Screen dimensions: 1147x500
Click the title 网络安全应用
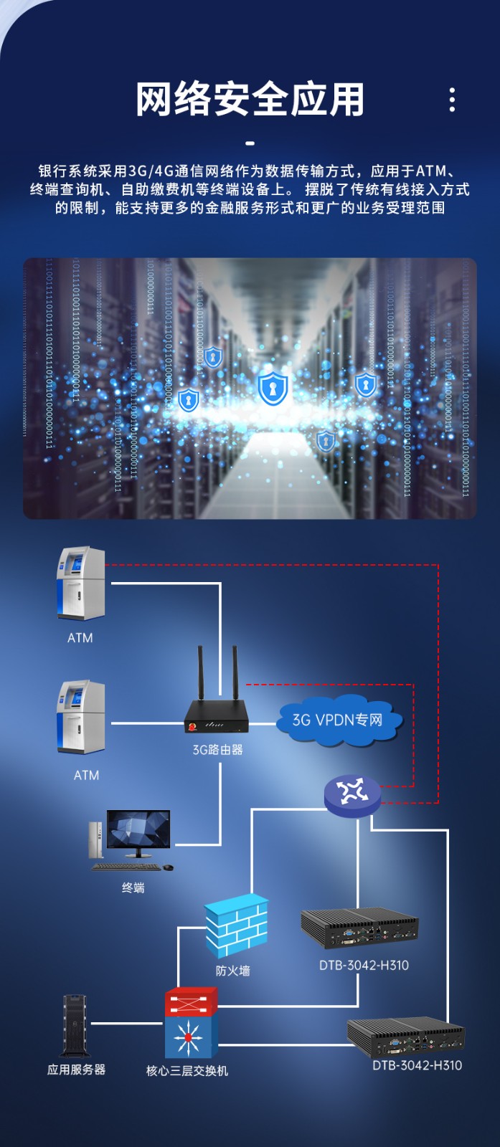[250, 99]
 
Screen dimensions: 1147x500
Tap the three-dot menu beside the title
[452, 100]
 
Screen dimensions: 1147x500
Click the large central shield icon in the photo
[273, 388]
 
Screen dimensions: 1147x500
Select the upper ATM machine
[81, 584]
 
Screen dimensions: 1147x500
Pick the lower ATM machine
[81, 717]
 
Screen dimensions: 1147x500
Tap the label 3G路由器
[217, 750]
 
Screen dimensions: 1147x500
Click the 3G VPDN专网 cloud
[338, 720]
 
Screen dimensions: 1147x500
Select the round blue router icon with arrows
[352, 794]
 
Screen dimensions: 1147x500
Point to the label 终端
[133, 887]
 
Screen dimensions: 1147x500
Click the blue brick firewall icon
[236, 925]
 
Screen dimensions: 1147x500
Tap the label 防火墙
[232, 971]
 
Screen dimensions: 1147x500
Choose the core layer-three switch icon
[190, 1023]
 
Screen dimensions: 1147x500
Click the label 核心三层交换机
[187, 1070]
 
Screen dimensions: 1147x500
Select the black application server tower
[75, 1026]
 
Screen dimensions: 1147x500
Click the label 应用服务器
[76, 1070]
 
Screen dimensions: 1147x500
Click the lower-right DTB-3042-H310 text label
[417, 1065]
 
